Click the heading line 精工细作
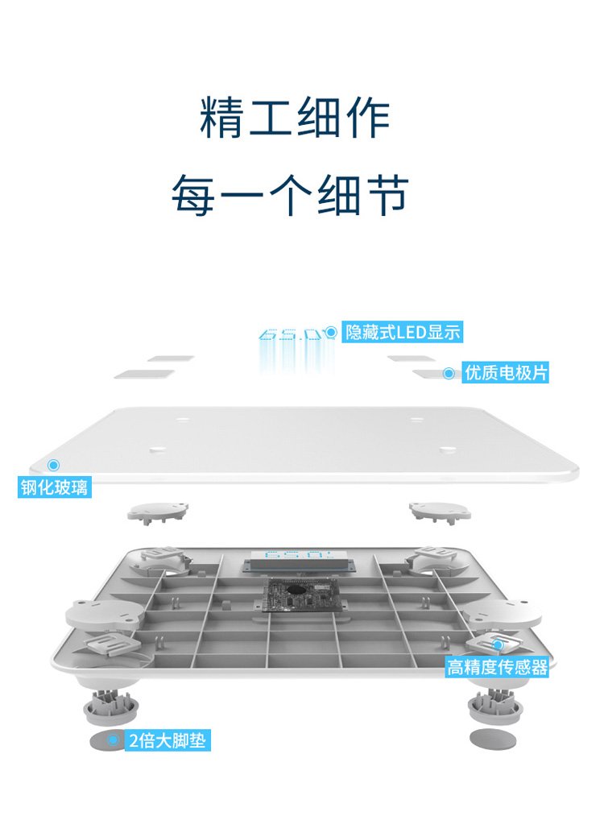coord(295,118)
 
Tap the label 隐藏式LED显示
coord(403,332)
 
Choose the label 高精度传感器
coord(498,667)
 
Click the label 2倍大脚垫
coord(168,741)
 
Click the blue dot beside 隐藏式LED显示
coord(330,332)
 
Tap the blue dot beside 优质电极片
coord(449,373)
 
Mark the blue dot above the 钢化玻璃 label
coord(54,465)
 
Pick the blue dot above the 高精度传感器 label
coord(498,644)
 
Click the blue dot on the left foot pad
coord(114,740)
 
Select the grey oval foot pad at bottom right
coord(490,738)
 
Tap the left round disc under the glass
coord(159,511)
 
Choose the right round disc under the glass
coord(440,510)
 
